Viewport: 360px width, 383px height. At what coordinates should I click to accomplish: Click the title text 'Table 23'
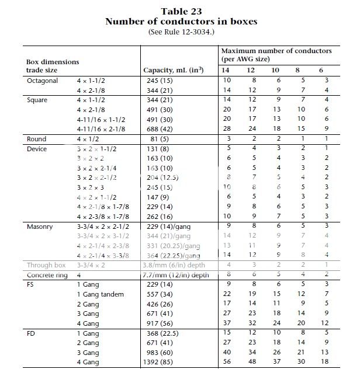[181, 12]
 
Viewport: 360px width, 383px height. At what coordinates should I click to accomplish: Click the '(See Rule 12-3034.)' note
[181, 32]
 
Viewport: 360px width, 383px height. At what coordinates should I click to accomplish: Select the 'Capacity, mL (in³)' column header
[173, 70]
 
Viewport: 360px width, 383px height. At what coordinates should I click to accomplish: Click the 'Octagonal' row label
[43, 81]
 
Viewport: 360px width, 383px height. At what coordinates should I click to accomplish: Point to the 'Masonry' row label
[41, 226]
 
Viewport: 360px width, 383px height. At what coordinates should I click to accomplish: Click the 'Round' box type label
[37, 139]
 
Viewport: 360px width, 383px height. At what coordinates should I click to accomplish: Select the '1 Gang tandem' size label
[101, 294]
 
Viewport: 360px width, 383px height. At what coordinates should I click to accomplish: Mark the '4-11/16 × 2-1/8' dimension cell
[102, 128]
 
